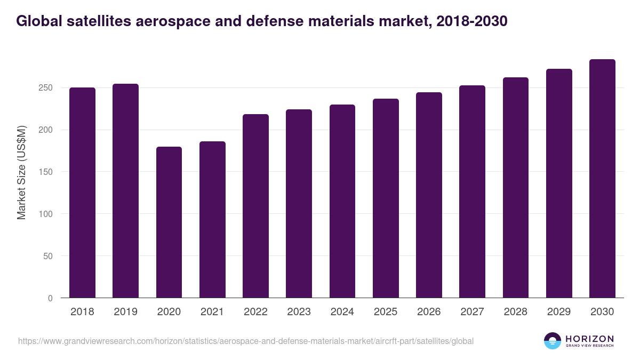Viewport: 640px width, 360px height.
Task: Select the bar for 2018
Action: pos(82,193)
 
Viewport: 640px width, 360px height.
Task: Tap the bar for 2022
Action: pos(255,206)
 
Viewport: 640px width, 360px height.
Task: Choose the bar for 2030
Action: pos(602,179)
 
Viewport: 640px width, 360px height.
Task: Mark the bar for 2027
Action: pos(472,191)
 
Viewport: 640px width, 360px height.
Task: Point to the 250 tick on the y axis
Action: pos(47,87)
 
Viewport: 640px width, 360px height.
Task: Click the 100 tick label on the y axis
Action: pos(47,214)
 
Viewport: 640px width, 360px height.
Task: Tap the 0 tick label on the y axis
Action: pos(51,298)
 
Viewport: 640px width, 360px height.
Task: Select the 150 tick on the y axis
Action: pos(47,172)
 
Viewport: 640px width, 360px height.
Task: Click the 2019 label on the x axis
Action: pos(125,312)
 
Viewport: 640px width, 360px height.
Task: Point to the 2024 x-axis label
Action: pos(342,312)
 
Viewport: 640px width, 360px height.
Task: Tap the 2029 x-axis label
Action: pos(559,312)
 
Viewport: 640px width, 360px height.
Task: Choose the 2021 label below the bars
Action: pos(212,312)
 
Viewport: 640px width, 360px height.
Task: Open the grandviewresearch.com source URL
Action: pos(245,341)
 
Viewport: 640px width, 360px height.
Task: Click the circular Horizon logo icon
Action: pos(553,341)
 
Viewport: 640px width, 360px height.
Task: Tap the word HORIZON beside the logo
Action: pos(589,338)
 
